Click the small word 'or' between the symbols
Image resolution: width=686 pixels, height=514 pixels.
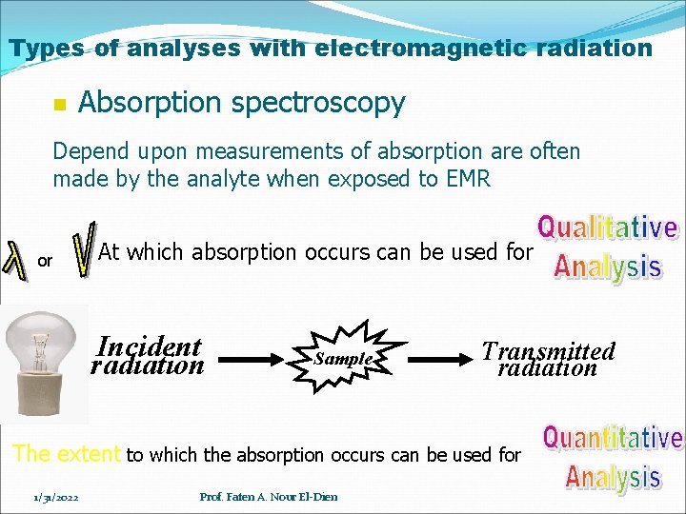(45, 260)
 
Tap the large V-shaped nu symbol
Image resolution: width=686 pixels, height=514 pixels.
(85, 250)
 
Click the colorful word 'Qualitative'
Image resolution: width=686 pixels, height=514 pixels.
(607, 227)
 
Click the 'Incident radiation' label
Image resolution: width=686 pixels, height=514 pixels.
(148, 356)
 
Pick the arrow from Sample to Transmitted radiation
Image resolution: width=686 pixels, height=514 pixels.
(438, 358)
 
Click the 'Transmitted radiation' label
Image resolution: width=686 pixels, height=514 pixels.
(548, 358)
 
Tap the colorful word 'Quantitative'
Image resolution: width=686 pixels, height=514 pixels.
(612, 438)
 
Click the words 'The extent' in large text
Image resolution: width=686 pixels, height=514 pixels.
(66, 454)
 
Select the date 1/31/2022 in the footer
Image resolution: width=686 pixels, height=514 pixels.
(56, 496)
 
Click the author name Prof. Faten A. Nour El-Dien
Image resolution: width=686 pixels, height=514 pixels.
(269, 496)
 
